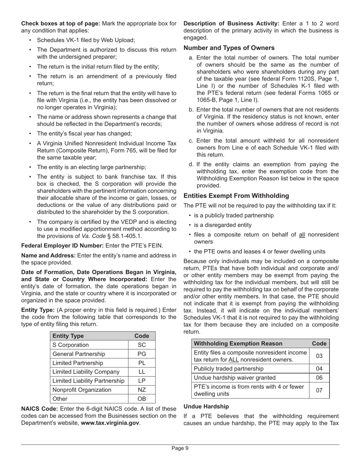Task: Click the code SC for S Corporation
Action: pyautogui.click(x=142, y=345)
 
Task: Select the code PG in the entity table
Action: pyautogui.click(x=142, y=354)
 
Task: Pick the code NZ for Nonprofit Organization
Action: pyautogui.click(x=142, y=389)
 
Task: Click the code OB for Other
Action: pyautogui.click(x=142, y=399)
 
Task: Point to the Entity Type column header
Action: pyautogui.click(x=68, y=336)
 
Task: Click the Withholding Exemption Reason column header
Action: pyautogui.click(x=238, y=343)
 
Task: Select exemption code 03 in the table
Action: pyautogui.click(x=319, y=356)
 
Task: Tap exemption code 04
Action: pyautogui.click(x=319, y=368)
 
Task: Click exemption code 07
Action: pyautogui.click(x=319, y=390)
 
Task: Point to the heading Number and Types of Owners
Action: pyautogui.click(x=229, y=48)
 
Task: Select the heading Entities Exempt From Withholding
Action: pyautogui.click(x=236, y=196)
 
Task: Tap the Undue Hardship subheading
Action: pyautogui.click(x=206, y=406)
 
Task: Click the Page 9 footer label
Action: pyautogui.click(x=180, y=448)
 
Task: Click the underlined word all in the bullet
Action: pyautogui.click(x=302, y=235)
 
